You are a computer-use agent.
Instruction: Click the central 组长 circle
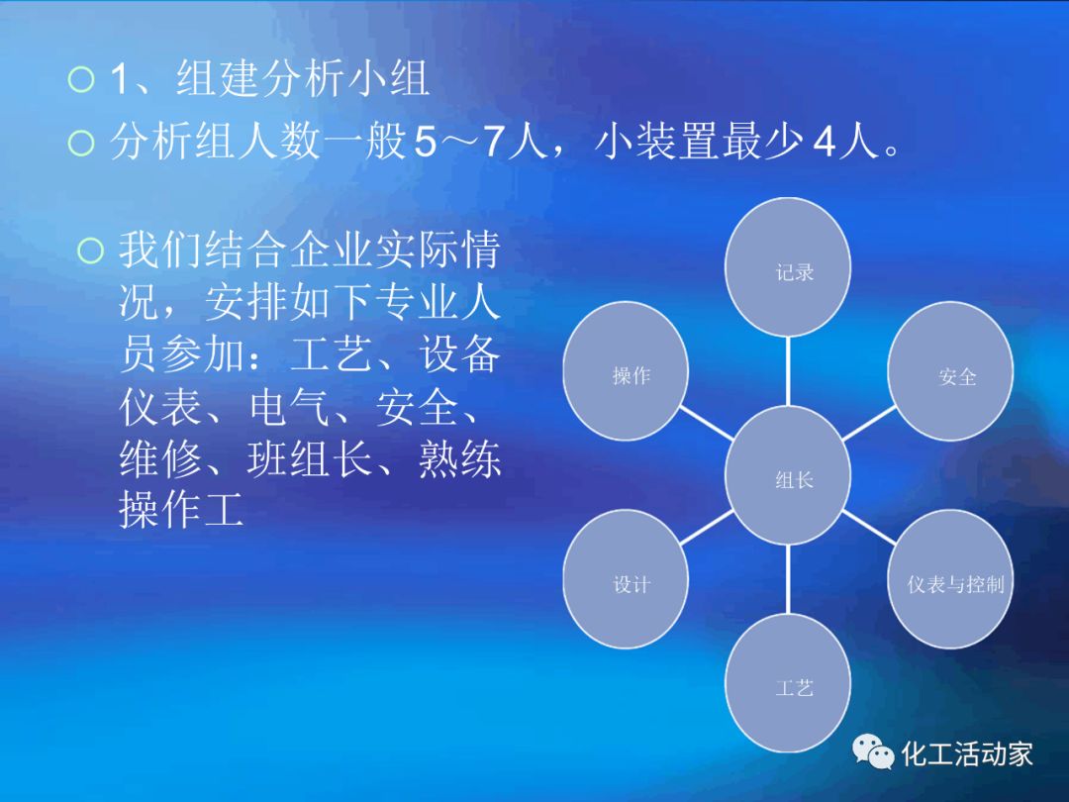pos(788,475)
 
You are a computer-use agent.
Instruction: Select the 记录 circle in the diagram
pos(788,267)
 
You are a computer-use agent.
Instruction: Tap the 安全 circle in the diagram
pos(950,371)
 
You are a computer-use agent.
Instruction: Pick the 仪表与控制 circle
pos(950,579)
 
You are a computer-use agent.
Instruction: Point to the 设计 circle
pos(626,579)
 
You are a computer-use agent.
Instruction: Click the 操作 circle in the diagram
pos(626,371)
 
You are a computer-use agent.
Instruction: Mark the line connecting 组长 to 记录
pos(788,371)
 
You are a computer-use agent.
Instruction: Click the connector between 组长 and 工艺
pos(788,579)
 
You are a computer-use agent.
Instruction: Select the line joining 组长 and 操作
pos(707,424)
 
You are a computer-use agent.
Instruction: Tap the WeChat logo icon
pos(873,752)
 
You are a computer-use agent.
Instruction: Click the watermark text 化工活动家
pos(967,753)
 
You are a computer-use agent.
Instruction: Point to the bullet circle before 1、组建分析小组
pos(81,79)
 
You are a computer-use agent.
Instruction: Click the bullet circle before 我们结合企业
pos(91,251)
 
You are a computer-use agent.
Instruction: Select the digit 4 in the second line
pos(825,143)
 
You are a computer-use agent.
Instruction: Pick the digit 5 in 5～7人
pos(426,143)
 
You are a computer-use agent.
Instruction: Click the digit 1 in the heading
pos(119,78)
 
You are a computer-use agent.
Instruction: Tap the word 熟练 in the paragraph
pos(459,458)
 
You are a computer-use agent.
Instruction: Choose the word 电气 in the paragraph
pos(290,407)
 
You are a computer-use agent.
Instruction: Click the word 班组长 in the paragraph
pos(310,458)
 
